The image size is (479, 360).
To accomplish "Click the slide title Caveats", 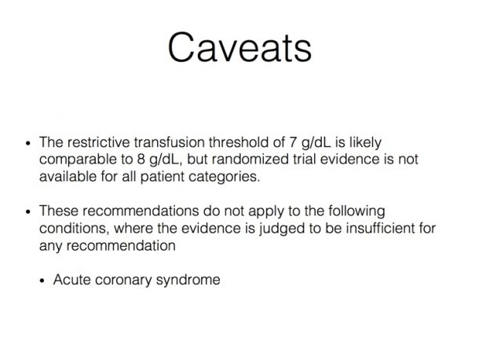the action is [239, 48].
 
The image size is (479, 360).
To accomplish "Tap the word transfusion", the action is [170, 142].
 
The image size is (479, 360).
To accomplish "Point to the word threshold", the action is [247, 142].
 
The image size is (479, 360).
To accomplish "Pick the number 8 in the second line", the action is [141, 160].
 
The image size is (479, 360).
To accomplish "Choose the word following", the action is [357, 211].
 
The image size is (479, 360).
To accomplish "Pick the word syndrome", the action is [188, 281].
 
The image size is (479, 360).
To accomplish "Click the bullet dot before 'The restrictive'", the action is [28, 143].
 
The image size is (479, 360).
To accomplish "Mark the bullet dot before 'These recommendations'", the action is [28, 211].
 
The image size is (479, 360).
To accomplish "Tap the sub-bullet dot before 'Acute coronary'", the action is [42, 281].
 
